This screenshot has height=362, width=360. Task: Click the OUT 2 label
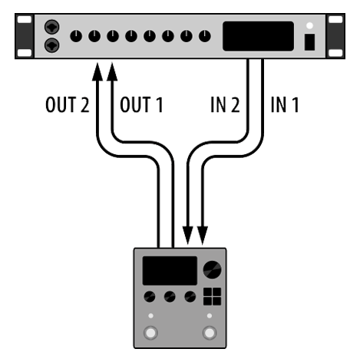[68, 104]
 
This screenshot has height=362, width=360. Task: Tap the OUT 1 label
[141, 104]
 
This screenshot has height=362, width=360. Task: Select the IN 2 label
[225, 104]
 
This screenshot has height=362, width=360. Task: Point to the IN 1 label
[285, 104]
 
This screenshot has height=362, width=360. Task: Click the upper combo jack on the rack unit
[52, 27]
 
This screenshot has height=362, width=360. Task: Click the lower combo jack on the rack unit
[52, 45]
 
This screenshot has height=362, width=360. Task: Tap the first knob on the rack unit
[76, 36]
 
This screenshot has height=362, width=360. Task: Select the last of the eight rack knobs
[205, 36]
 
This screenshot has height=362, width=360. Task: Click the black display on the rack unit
[258, 36]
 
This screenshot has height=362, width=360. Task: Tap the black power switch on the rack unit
[309, 42]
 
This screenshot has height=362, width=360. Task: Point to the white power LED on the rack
[309, 25]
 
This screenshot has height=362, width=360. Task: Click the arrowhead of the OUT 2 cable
[97, 71]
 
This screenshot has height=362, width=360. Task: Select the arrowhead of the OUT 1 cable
[112, 71]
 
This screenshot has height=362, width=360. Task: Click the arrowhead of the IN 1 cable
[203, 235]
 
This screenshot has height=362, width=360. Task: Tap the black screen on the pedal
[170, 271]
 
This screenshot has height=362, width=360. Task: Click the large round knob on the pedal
[212, 270]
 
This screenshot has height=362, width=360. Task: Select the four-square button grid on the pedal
[212, 297]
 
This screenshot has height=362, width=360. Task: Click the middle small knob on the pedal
[170, 297]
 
